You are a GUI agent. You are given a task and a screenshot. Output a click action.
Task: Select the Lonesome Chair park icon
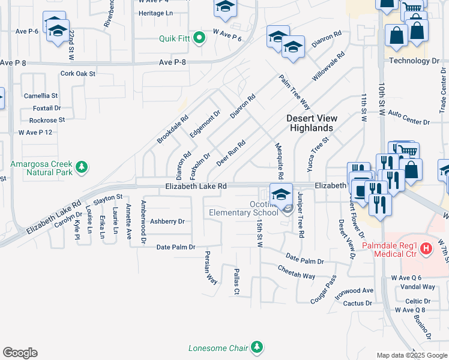click(257, 347)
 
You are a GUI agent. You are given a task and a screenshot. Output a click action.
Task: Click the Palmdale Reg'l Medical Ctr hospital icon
click(426, 247)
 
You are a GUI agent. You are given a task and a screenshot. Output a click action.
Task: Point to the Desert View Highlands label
click(310, 123)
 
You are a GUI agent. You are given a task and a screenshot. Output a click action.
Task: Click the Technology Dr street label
click(414, 61)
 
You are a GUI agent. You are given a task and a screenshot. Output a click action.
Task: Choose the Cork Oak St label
click(78, 74)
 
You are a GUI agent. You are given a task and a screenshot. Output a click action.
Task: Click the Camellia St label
click(41, 95)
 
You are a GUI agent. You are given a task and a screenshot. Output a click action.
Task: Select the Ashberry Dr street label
click(167, 221)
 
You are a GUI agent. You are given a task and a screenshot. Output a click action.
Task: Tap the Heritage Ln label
click(155, 13)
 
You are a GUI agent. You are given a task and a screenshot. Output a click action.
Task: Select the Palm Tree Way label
click(294, 89)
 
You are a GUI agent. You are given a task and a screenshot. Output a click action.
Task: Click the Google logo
click(20, 353)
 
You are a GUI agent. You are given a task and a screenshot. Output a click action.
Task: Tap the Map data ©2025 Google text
click(412, 355)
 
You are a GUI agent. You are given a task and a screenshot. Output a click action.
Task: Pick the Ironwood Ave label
click(355, 290)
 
